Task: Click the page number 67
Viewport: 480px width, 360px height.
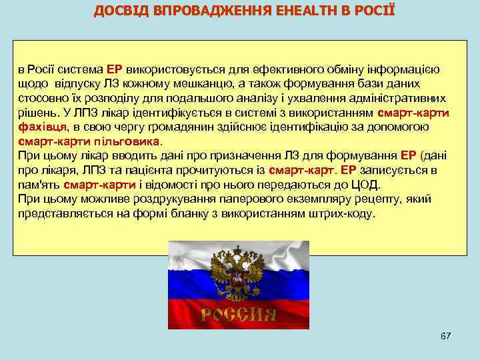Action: [x=445, y=336]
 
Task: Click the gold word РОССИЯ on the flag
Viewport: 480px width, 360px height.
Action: [x=239, y=314]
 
